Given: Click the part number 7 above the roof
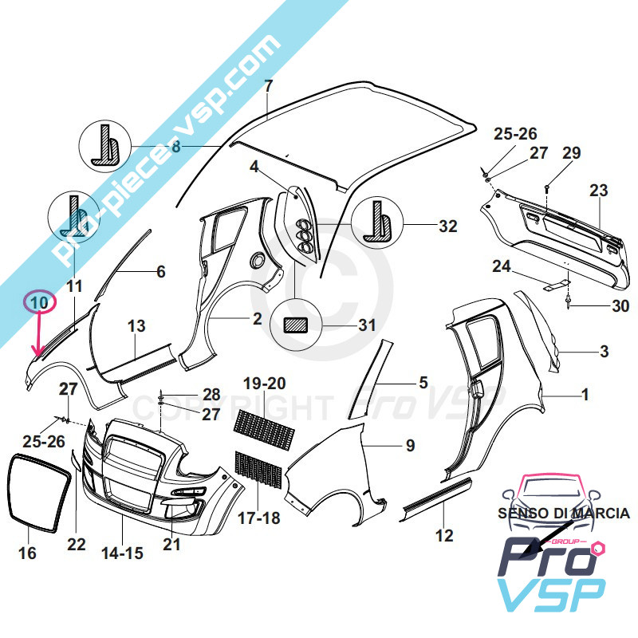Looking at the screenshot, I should point(268,86).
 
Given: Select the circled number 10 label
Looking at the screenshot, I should point(39,302).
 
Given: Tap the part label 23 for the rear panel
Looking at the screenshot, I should point(598,191).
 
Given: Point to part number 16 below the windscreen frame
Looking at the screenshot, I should point(27,553).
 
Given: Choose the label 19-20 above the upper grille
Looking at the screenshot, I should point(264,383).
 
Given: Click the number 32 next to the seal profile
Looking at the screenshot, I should point(447,226).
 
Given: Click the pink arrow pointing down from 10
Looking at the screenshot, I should point(36,335).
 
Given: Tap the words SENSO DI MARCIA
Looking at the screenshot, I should point(564,514).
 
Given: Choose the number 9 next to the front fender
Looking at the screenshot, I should point(410,446).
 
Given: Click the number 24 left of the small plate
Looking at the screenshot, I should point(501,267).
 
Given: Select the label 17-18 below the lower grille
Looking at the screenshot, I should point(260,517).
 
